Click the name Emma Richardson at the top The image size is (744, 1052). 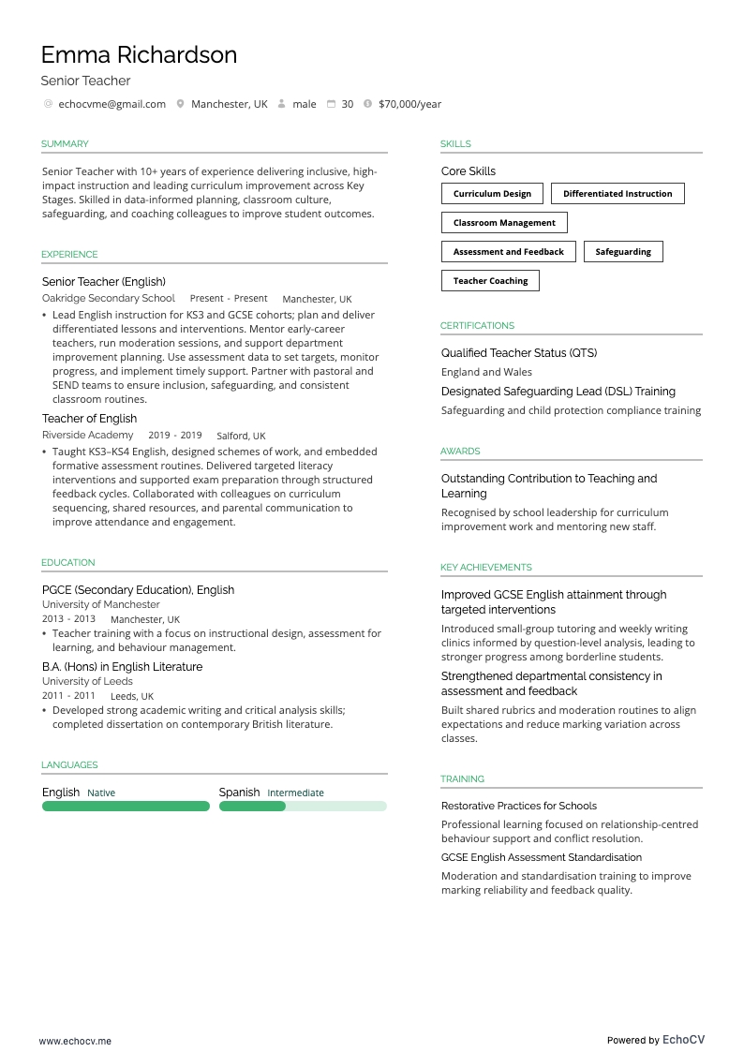[139, 54]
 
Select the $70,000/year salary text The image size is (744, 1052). [409, 104]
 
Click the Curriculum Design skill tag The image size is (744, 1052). [492, 194]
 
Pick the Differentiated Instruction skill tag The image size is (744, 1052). [618, 194]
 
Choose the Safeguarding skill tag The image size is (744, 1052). [623, 252]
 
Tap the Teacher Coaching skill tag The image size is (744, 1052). [490, 281]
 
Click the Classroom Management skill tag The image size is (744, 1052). [504, 223]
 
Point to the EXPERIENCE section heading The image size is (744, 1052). [69, 255]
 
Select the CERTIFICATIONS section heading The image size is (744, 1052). [477, 326]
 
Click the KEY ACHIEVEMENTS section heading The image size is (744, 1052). [485, 568]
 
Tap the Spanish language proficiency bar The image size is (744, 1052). [303, 806]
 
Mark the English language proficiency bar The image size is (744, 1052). [126, 806]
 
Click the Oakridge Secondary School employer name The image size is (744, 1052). [109, 298]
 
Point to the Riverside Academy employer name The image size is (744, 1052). [87, 435]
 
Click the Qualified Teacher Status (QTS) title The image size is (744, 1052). [519, 353]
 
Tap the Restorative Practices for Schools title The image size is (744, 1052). [519, 806]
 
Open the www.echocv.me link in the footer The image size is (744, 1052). [75, 1040]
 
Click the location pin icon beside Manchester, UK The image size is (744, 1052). [181, 104]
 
